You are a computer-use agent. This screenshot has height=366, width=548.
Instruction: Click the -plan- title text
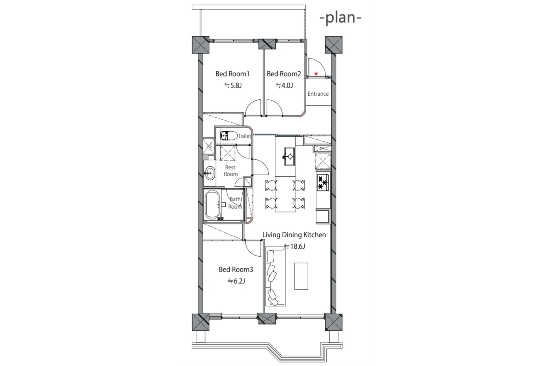(x=341, y=18)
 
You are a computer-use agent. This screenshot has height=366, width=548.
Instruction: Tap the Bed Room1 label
(x=232, y=74)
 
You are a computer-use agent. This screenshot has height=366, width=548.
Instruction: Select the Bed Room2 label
(x=284, y=74)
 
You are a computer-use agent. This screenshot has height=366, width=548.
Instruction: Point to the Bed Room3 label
(x=236, y=270)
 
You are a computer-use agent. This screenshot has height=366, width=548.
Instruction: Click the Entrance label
(x=318, y=94)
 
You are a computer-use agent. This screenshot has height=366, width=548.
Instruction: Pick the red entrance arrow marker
(x=316, y=74)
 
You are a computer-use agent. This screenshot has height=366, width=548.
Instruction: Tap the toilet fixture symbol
(x=229, y=136)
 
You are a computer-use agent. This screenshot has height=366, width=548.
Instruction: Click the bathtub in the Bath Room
(x=213, y=205)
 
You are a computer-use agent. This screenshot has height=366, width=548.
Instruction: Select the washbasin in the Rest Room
(x=210, y=173)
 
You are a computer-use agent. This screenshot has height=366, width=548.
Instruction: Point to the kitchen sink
(x=289, y=156)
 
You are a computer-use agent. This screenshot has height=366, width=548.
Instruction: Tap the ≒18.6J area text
(x=295, y=246)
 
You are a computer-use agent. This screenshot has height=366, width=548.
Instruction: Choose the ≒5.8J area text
(x=233, y=85)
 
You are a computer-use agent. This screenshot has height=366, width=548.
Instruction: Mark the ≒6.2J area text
(x=236, y=281)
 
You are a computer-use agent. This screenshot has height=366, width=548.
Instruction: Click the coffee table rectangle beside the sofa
(x=301, y=276)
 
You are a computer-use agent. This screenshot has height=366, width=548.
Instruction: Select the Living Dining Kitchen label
(x=294, y=235)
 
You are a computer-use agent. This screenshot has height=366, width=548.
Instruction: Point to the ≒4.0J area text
(x=284, y=85)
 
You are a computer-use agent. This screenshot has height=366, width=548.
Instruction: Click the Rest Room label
(x=231, y=171)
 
